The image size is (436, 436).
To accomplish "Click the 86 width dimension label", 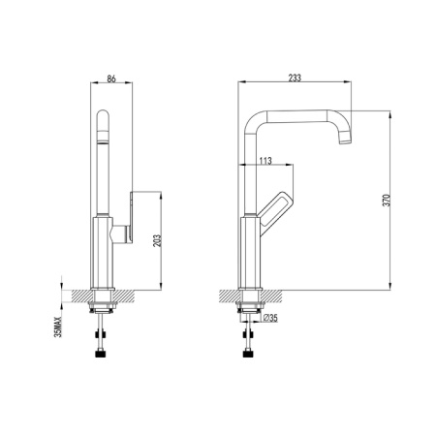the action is [111, 78].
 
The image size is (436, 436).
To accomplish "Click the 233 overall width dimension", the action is [295, 78].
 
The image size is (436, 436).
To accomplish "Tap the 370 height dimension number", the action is [387, 201].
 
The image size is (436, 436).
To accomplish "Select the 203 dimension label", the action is [157, 240].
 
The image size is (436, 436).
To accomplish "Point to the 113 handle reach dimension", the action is [265, 161].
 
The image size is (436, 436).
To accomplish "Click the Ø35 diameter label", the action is [270, 318].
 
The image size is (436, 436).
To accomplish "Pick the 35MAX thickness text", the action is [58, 327].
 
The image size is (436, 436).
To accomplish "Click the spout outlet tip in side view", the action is [345, 140].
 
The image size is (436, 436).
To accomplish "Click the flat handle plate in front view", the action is [131, 217].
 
